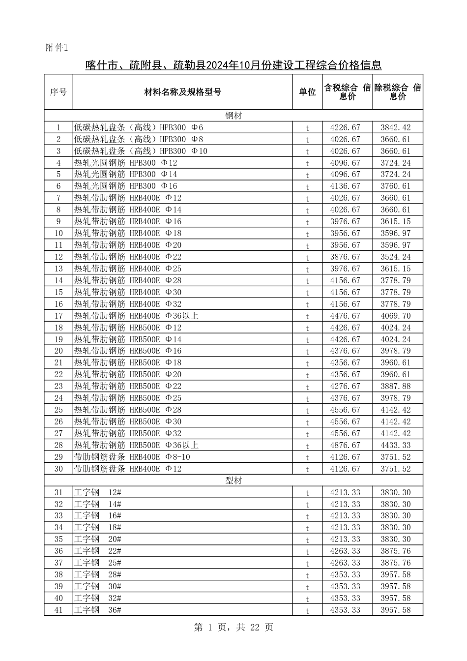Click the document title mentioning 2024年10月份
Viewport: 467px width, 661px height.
pos(233,65)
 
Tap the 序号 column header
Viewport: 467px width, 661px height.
pos(58,92)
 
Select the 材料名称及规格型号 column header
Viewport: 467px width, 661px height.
pos(182,92)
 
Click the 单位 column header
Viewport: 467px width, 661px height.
pos(307,92)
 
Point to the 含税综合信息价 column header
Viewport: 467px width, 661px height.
pos(347,92)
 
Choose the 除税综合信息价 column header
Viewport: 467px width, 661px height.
pos(397,92)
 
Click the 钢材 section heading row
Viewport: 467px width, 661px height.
pos(233,116)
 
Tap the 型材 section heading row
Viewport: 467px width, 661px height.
pos(233,481)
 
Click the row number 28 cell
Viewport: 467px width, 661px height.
pos(58,446)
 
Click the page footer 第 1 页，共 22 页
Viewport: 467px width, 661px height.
pos(233,628)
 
